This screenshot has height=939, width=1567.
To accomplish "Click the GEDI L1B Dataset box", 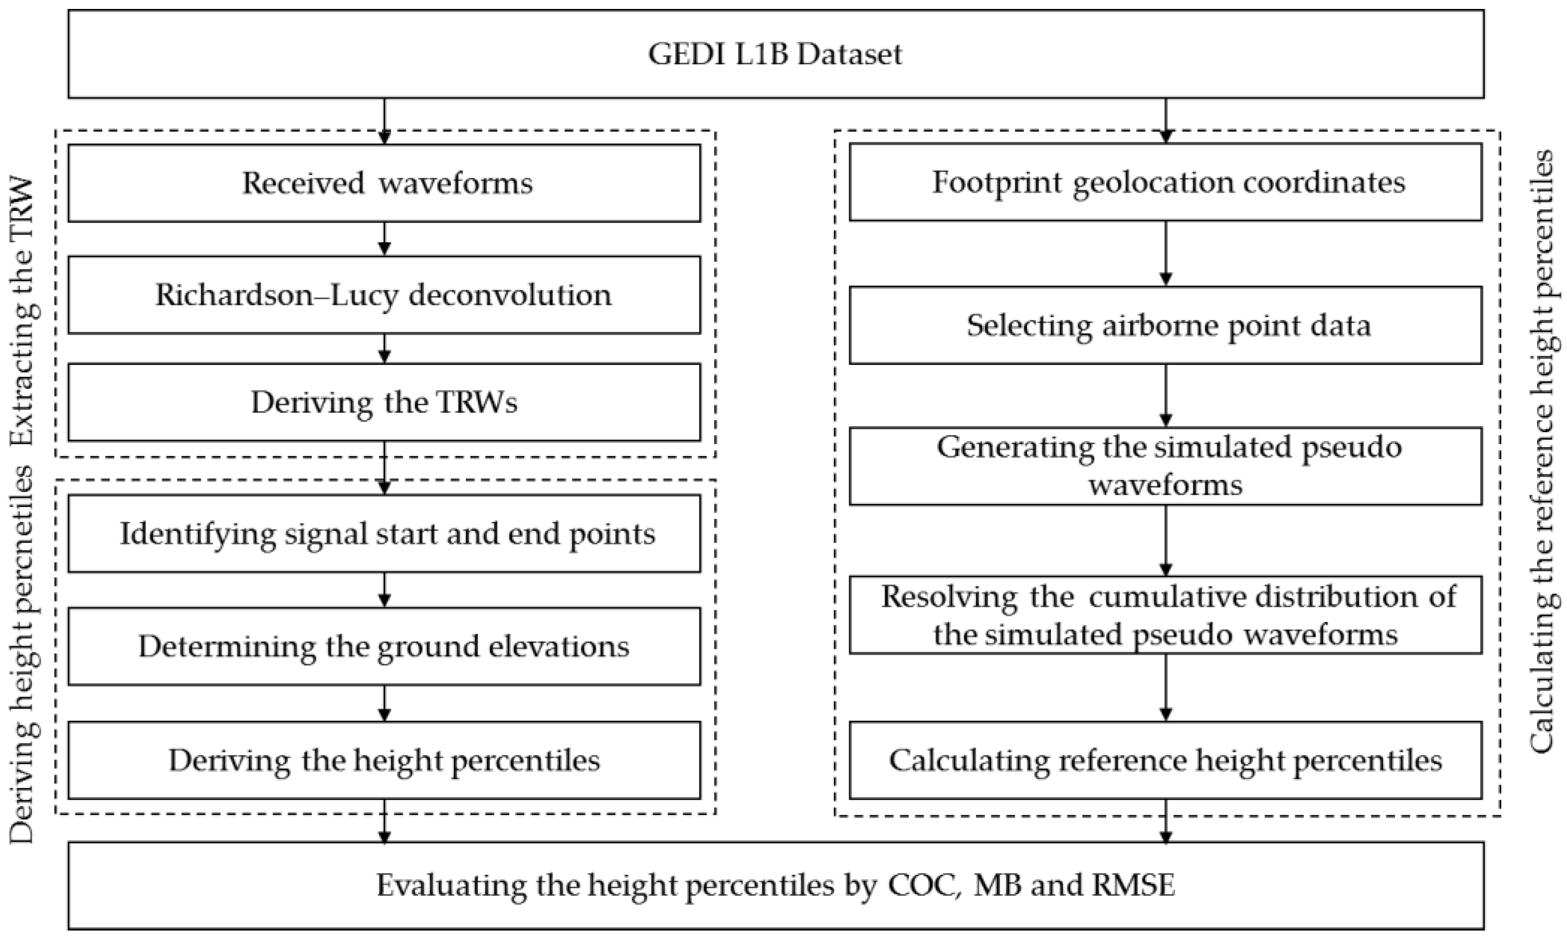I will coord(776,54).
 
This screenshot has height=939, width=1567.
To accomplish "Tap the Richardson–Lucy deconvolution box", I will coord(384,295).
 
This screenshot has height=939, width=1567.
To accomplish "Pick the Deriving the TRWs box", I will coord(384,402).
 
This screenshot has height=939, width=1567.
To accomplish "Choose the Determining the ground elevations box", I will coord(384,647).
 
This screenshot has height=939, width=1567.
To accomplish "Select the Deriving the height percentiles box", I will coord(384,760).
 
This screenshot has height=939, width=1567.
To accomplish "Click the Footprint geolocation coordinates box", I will coord(1165,182).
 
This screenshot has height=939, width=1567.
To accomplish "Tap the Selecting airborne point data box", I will coord(1165,325).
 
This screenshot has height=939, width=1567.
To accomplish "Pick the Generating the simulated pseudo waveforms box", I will coord(1165,467).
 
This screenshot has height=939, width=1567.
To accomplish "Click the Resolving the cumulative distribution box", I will coord(1165,615).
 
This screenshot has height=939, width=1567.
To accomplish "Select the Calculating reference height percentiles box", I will coord(1165,760).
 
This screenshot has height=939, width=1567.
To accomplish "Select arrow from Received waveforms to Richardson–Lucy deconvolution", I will coord(384,239).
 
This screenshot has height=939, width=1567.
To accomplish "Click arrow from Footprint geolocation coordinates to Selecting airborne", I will coord(1165,253).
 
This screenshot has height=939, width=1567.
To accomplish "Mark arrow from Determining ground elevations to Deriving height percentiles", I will coord(384,703).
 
